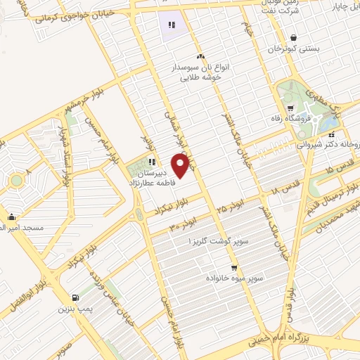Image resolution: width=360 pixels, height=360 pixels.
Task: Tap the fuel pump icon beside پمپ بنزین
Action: [x=76, y=297]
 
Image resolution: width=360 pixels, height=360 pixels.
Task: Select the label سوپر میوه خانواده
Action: [x=235, y=279]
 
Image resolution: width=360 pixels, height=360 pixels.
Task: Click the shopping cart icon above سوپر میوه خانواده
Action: [x=233, y=267]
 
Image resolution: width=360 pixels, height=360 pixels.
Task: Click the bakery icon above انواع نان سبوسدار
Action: [x=200, y=56]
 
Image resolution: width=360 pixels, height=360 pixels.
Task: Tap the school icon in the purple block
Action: [x=171, y=25]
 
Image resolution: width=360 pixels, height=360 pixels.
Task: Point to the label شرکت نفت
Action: [x=285, y=12]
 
